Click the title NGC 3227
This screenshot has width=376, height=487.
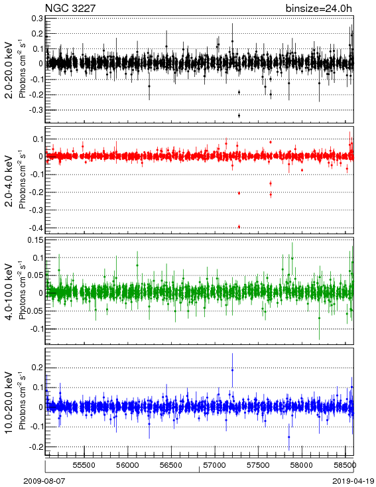pos(70,8)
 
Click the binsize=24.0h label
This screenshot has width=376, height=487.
pos(319,8)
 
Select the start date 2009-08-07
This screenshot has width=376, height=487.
pos(44,481)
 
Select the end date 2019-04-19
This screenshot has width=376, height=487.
pos(353,481)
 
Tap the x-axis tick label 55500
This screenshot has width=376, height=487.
pos(84,465)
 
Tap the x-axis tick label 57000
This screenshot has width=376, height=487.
pos(215,465)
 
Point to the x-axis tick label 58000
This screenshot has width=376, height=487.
pos(302,465)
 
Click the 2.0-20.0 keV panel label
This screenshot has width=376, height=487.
pos(9,70)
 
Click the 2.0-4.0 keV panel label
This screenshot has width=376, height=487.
pos(9,181)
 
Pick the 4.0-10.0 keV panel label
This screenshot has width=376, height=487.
pos(9,292)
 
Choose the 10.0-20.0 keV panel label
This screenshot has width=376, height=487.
pos(9,403)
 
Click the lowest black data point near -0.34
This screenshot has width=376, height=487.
pos(239,115)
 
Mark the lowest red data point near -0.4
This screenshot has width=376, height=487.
pos(239,227)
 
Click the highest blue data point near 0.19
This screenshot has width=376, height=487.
pos(232,370)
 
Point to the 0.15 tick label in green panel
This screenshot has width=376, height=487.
pos(36,240)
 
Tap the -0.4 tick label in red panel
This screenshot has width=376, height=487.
pos(36,228)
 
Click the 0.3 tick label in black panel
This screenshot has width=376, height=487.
pos(38,19)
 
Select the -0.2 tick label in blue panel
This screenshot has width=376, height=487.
pos(36,447)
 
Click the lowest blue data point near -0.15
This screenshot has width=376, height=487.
pos(288,437)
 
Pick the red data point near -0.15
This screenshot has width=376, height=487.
pos(271,184)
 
